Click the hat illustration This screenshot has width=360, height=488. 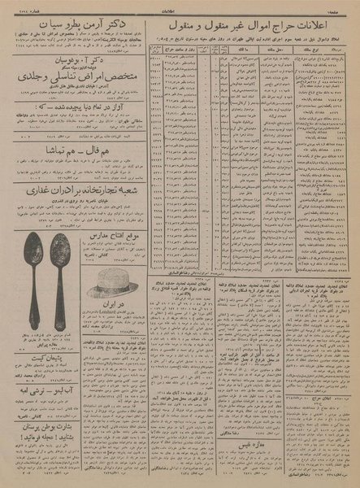point(115,283)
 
